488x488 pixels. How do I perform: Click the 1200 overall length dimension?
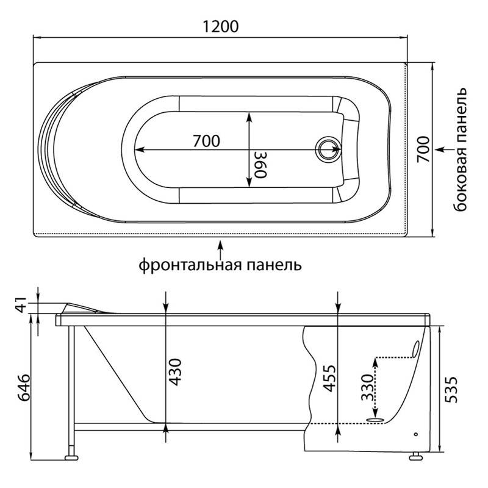tap(221, 26)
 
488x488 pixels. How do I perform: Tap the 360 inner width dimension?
tap(261, 165)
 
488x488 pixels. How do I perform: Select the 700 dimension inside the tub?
tap(206, 141)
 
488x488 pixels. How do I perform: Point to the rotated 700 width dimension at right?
tap(423, 149)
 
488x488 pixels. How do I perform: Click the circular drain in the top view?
tap(328, 149)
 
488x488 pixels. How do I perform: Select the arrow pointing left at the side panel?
tap(445, 149)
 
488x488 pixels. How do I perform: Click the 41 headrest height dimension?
tap(22, 304)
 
